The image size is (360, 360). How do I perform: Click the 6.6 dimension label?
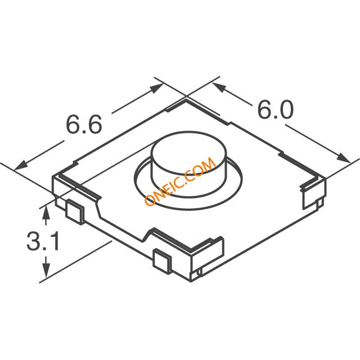[x=84, y=125]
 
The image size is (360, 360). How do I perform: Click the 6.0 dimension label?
[x=276, y=110]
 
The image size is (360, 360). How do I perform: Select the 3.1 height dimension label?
[x=43, y=241]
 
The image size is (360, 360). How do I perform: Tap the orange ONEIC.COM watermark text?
[x=180, y=182]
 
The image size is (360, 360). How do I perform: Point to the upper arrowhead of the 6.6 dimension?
[x=157, y=88]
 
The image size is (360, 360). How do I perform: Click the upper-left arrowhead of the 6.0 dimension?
[x=219, y=87]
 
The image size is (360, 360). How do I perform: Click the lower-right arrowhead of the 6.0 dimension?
[x=344, y=158]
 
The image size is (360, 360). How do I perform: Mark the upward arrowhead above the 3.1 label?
[x=46, y=212]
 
